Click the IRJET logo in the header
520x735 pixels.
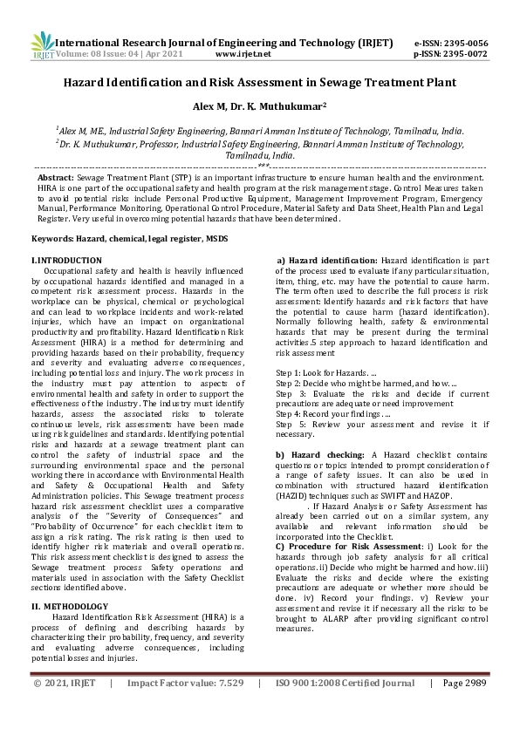(42, 45)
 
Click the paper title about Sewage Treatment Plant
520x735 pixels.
(259, 83)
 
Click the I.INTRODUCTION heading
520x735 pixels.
(66, 261)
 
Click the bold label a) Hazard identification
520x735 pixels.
(327, 261)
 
